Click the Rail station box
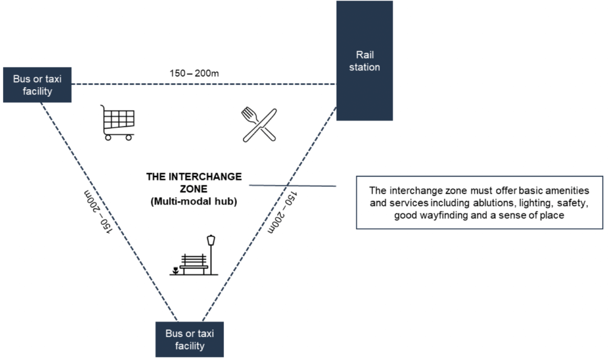[x=365, y=61]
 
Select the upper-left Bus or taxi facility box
[x=37, y=84]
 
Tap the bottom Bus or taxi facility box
[x=190, y=339]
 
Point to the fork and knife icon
[x=259, y=124]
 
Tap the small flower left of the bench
[x=175, y=271]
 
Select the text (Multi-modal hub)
[x=194, y=202]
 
